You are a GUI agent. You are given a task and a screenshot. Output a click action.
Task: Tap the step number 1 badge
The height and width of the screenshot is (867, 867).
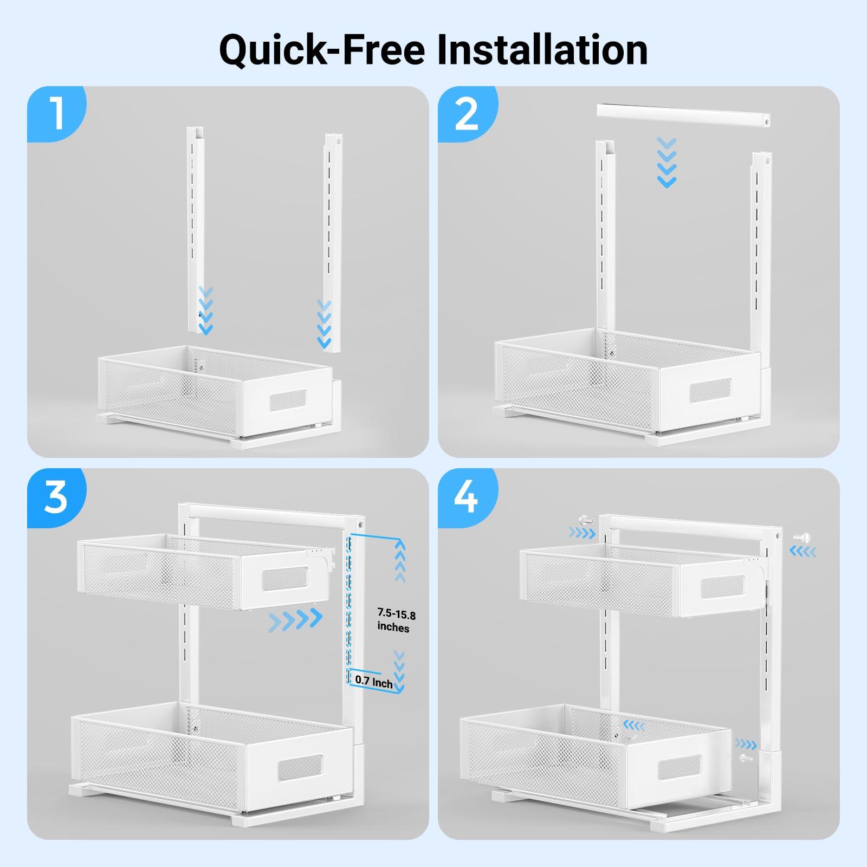[x=55, y=113]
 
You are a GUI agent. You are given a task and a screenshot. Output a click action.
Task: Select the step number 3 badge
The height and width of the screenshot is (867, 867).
[x=55, y=496]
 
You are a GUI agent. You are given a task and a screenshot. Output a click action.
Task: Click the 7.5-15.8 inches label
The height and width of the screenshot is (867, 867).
[x=396, y=621]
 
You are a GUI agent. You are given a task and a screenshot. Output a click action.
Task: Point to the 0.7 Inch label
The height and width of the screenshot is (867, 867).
[x=374, y=681]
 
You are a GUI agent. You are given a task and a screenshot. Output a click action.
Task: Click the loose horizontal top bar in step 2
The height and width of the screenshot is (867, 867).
[x=684, y=117]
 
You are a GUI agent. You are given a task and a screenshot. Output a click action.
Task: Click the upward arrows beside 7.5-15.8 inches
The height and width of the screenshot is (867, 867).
[x=400, y=560]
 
